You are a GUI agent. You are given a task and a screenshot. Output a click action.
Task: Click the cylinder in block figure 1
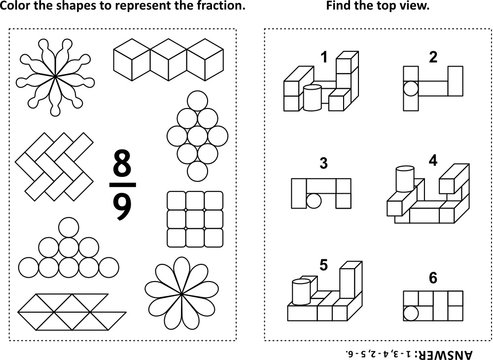[x=311, y=98]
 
